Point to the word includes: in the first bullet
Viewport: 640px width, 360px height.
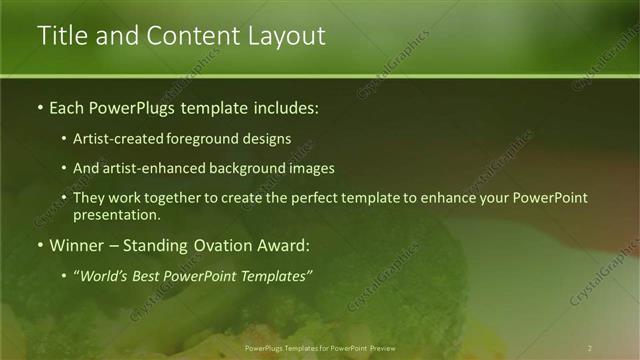click(x=284, y=107)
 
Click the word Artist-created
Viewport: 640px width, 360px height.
click(x=116, y=140)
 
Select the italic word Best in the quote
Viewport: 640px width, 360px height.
click(x=150, y=275)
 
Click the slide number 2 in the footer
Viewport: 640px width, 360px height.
click(x=590, y=348)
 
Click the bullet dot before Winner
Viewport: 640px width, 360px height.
click(x=40, y=245)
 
